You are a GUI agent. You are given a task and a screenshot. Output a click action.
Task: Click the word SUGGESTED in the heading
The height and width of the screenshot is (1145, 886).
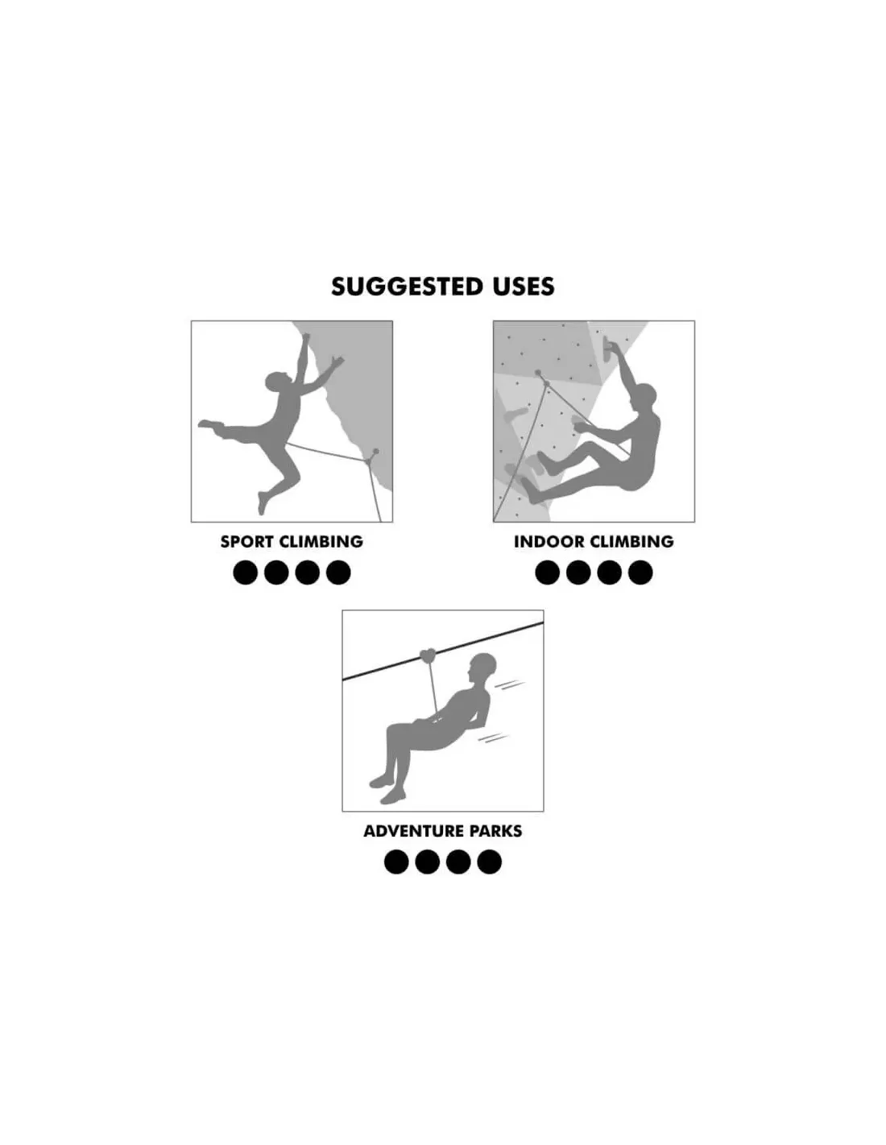(407, 287)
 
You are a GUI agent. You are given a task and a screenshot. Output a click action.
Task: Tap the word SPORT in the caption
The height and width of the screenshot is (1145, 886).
(246, 542)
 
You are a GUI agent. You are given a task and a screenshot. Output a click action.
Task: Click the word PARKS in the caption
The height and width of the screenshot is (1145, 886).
(495, 831)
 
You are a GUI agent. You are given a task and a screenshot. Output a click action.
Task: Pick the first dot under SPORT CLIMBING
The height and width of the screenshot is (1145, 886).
(245, 572)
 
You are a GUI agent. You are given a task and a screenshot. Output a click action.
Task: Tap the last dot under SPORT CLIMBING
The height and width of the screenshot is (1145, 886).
(338, 572)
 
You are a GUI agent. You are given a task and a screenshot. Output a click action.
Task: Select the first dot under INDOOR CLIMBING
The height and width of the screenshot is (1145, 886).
(547, 572)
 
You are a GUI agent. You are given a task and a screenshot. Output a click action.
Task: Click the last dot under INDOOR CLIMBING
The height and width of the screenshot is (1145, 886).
(640, 572)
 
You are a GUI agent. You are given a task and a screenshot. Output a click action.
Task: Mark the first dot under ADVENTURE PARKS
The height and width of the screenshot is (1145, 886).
(396, 862)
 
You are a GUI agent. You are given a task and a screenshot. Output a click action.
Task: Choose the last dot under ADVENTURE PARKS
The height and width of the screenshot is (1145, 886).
(489, 862)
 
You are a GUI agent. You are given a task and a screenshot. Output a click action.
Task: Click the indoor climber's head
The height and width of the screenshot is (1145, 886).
(644, 395)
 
